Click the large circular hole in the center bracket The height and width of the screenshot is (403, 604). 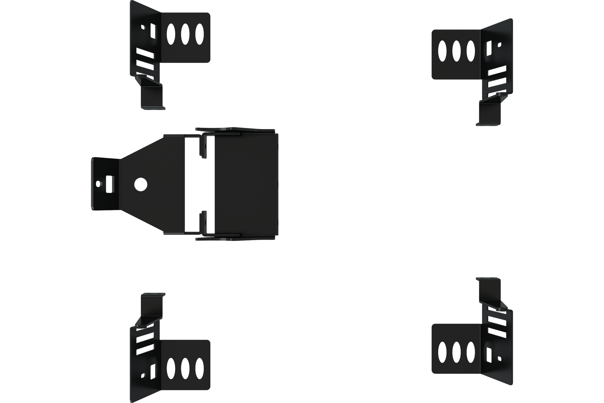tap(141, 184)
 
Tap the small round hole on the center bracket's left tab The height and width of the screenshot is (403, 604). tap(99, 184)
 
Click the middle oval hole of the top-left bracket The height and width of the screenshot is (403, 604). tap(185, 34)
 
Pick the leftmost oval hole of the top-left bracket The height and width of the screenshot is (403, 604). tap(171, 34)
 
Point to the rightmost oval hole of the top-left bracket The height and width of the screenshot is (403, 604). tap(200, 34)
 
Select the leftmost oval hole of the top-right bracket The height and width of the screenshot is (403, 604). tap(442, 51)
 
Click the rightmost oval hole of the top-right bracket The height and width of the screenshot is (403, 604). tap(471, 51)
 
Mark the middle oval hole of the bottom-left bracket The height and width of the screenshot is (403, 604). tap(185, 368)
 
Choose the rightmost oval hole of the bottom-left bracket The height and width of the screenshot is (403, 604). tap(200, 368)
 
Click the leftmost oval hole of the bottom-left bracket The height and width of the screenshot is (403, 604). tap(171, 368)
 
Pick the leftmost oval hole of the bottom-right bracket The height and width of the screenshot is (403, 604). tap(442, 352)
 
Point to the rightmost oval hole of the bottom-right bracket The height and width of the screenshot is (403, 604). tap(471, 352)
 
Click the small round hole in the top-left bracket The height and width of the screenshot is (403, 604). tap(144, 26)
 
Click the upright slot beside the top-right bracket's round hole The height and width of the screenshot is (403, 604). tap(488, 48)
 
